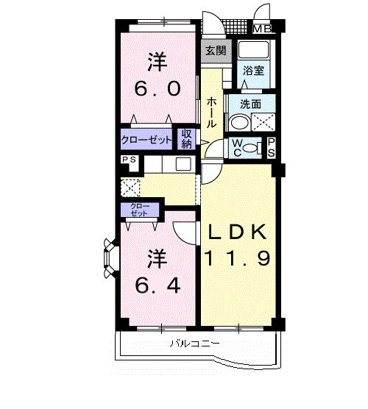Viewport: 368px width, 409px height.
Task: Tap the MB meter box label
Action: [x=262, y=29]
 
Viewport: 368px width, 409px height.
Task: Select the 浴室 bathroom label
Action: [x=255, y=71]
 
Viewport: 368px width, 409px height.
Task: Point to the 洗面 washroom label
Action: [x=250, y=104]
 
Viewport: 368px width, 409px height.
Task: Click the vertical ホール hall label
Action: [x=211, y=113]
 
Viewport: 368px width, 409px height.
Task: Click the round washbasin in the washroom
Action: [x=238, y=123]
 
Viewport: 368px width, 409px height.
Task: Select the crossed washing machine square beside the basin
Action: [x=263, y=123]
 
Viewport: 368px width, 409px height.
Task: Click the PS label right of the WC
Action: [x=271, y=146]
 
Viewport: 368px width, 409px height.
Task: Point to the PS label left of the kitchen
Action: [x=129, y=160]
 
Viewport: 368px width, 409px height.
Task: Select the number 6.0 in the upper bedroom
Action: [x=156, y=88]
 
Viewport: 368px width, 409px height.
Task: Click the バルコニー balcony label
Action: [x=193, y=343]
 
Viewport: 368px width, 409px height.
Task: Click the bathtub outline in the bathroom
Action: [x=255, y=51]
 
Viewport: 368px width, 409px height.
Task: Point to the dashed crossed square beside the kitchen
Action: [x=130, y=187]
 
